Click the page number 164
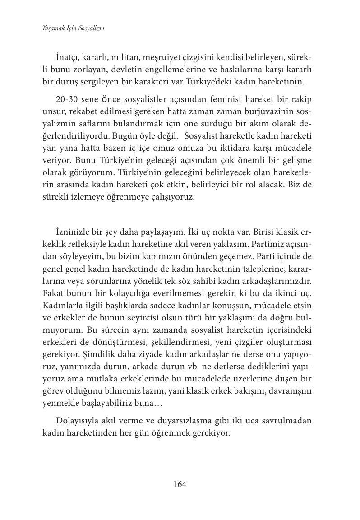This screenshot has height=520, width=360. tap(180, 484)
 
